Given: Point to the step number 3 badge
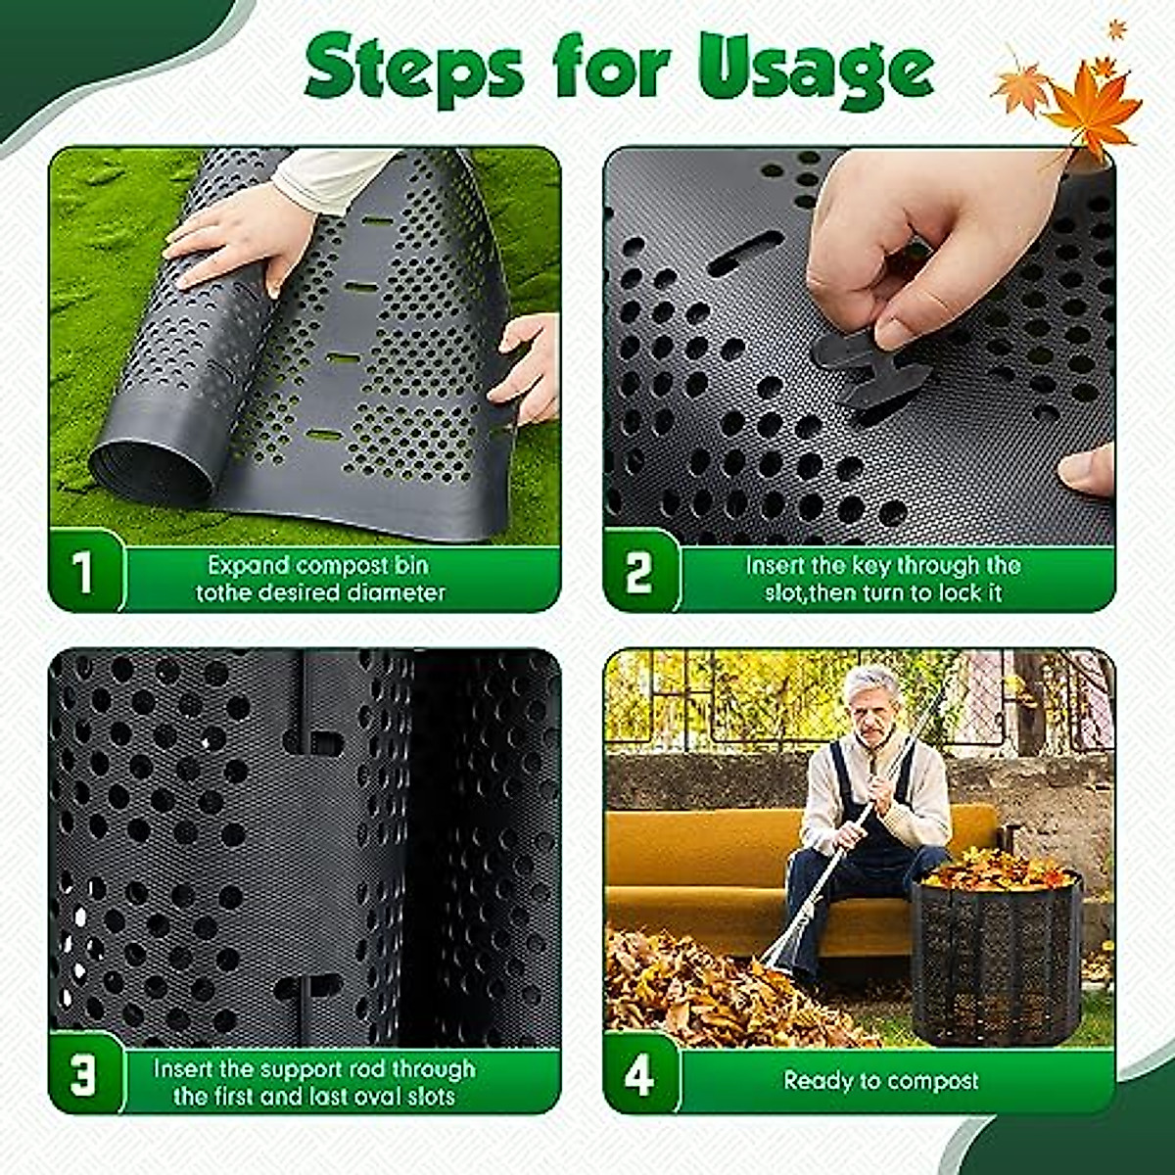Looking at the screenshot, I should click(83, 1076).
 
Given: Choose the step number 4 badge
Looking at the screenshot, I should click(638, 1076).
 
